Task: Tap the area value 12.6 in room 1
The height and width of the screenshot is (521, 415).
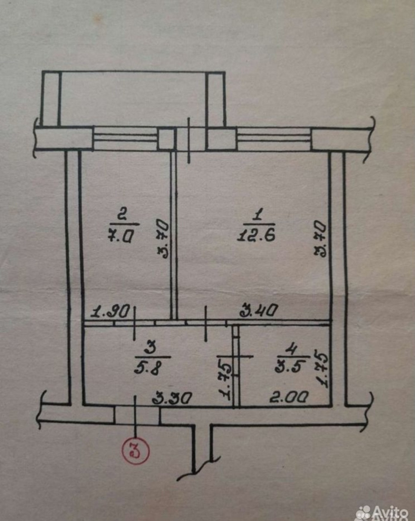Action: (x=256, y=234)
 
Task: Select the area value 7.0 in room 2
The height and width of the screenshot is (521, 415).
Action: (x=121, y=234)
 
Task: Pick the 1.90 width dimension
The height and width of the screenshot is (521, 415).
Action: (x=111, y=312)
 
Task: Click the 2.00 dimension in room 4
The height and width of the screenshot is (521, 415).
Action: (x=289, y=397)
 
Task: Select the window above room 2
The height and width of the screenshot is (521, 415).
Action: (x=126, y=139)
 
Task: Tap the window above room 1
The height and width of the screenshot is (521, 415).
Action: (x=273, y=139)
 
